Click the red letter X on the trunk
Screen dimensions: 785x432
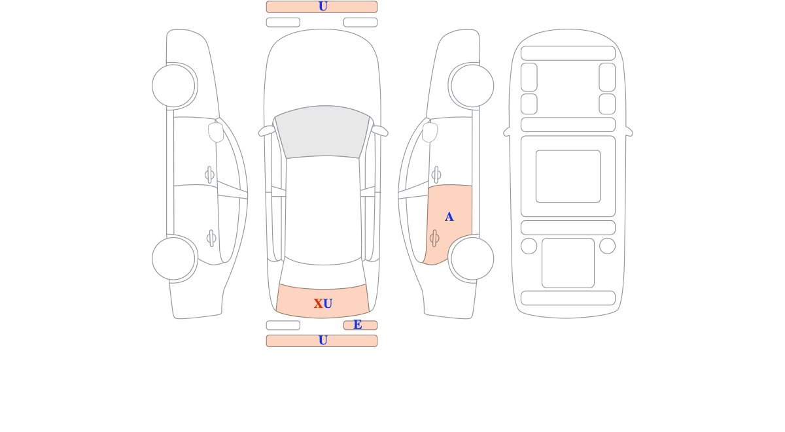pyautogui.click(x=318, y=303)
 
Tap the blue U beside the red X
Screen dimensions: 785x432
pyautogui.click(x=328, y=303)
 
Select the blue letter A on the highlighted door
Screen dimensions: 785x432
pyautogui.click(x=449, y=217)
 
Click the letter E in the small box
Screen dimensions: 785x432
pyautogui.click(x=357, y=325)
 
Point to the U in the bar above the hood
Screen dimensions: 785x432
pyautogui.click(x=323, y=7)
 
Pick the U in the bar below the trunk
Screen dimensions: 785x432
pyautogui.click(x=323, y=340)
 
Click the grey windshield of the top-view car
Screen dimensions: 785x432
pyautogui.click(x=323, y=131)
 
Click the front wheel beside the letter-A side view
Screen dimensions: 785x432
pyautogui.click(x=472, y=86)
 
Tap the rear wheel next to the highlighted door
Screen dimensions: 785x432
pyautogui.click(x=472, y=259)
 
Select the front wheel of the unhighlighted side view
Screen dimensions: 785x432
pyautogui.click(x=173, y=86)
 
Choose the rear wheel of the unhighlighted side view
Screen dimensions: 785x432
pyautogui.click(x=173, y=259)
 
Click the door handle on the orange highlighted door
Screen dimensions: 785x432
pyautogui.click(x=434, y=239)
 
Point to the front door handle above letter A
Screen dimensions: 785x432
pyautogui.click(x=436, y=174)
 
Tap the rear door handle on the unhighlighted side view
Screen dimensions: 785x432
pyautogui.click(x=211, y=239)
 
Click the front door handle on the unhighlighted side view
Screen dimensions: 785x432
pyautogui.click(x=209, y=174)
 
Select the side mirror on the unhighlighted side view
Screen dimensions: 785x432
pyautogui.click(x=216, y=132)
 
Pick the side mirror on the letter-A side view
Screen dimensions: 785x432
pyautogui.click(x=430, y=132)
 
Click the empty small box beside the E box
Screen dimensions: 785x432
pyautogui.click(x=283, y=325)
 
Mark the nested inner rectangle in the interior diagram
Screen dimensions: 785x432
pyautogui.click(x=568, y=176)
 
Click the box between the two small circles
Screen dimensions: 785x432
pyautogui.click(x=568, y=263)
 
